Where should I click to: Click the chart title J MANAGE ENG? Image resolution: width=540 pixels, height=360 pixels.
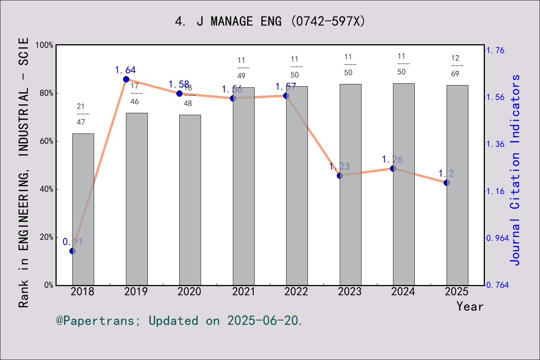pyautogui.click(x=270, y=21)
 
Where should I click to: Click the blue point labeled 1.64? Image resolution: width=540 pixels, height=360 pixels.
pyautogui.click(x=126, y=79)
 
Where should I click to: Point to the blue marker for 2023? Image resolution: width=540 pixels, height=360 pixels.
pyautogui.click(x=340, y=175)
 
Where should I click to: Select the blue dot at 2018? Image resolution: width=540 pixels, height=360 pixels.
pyautogui.click(x=73, y=251)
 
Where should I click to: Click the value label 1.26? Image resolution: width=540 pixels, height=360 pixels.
pyautogui.click(x=392, y=159)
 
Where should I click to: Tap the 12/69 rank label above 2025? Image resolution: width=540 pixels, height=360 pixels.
pyautogui.click(x=455, y=66)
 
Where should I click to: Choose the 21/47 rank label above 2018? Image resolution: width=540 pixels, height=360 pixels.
pyautogui.click(x=81, y=114)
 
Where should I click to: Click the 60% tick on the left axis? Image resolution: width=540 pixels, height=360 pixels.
pyautogui.click(x=46, y=141)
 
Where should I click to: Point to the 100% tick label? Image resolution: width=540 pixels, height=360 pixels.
pyautogui.click(x=45, y=45)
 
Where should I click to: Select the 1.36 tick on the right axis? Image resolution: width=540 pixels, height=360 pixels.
pyautogui.click(x=495, y=144)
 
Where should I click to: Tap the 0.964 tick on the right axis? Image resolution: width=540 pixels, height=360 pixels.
pyautogui.click(x=497, y=238)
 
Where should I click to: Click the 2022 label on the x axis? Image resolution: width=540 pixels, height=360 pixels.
pyautogui.click(x=296, y=291)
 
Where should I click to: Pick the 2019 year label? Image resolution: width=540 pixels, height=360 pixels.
pyautogui.click(x=136, y=291)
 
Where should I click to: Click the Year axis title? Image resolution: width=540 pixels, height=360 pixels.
pyautogui.click(x=470, y=306)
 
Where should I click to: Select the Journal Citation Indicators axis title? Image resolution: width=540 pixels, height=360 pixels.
pyautogui.click(x=515, y=170)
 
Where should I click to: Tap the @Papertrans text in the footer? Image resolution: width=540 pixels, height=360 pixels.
pyautogui.click(x=95, y=321)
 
